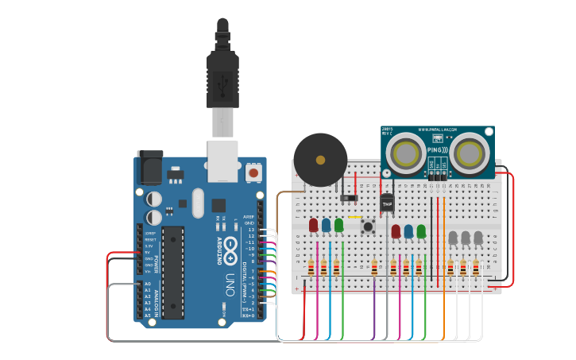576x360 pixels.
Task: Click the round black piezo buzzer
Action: click(x=320, y=160)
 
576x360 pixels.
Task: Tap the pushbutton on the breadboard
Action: click(x=369, y=227)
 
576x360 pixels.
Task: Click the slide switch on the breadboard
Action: click(x=348, y=197)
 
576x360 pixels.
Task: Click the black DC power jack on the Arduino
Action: click(x=150, y=168)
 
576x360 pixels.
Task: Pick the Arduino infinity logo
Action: click(x=230, y=248)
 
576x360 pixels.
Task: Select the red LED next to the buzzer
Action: click(x=314, y=225)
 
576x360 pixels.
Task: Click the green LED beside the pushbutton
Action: click(x=339, y=225)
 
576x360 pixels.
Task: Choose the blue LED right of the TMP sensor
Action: click(x=408, y=230)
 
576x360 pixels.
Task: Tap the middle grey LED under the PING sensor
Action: click(x=466, y=237)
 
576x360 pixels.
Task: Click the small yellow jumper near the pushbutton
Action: click(x=354, y=216)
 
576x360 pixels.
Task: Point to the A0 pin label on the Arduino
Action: click(x=147, y=284)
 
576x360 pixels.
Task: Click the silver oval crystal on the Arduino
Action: click(x=197, y=203)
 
